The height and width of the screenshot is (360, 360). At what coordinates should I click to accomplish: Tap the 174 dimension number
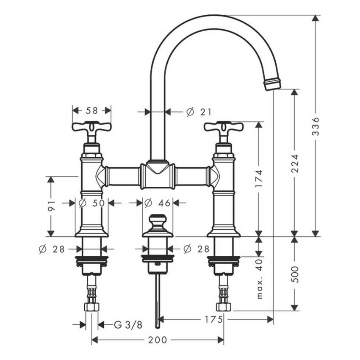pos(260,180)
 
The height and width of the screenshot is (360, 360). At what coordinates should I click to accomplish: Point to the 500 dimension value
pos(295,274)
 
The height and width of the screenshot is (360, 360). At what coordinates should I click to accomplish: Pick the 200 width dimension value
pos(158,340)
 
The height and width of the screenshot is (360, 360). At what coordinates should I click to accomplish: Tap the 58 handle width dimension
pos(91,111)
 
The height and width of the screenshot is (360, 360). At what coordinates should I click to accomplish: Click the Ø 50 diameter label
pos(91,203)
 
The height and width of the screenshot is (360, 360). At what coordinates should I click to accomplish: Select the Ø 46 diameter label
pos(158,203)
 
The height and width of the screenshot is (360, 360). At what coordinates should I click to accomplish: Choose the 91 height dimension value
pos(51,207)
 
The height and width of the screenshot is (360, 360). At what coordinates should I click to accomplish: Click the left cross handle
pos(91,127)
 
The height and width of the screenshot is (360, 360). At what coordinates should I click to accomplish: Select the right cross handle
pos(224,127)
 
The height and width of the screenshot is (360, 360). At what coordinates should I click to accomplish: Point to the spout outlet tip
pos(272,83)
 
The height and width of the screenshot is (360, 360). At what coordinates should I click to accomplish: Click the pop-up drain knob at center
pos(158,221)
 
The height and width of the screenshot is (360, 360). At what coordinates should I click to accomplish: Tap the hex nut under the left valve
pos(92,306)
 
